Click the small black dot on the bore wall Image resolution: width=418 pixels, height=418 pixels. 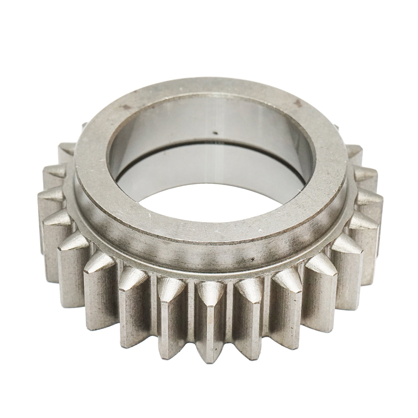(215, 132)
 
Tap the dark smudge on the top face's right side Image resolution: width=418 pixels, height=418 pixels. (297, 102)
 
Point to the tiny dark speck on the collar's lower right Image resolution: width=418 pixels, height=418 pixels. (251, 259)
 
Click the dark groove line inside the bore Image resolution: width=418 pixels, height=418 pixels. (209, 146)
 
